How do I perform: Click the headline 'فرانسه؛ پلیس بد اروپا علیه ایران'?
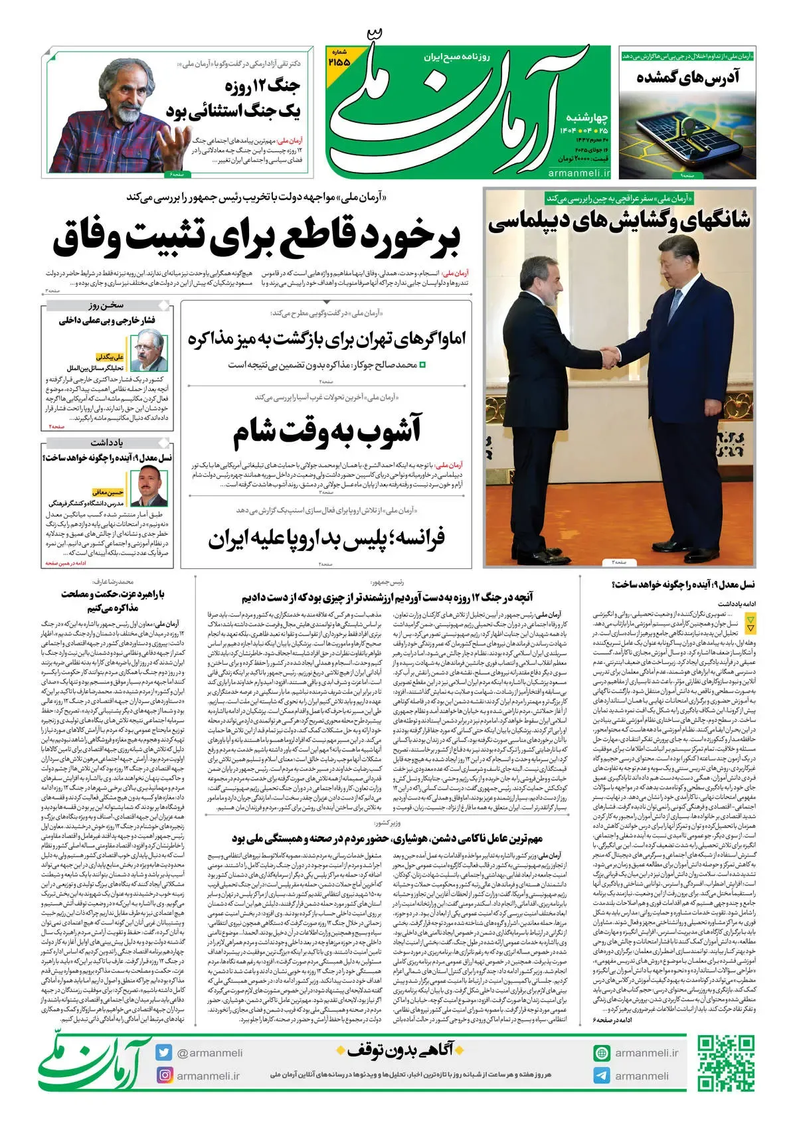pos(327,538)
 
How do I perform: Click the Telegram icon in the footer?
pos(602,1076)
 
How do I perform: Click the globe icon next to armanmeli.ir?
pos(602,1053)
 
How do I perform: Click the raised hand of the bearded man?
pos(175,143)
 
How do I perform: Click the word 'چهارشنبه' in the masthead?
pos(586,118)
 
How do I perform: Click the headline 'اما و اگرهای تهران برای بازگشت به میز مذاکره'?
pos(327,339)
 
